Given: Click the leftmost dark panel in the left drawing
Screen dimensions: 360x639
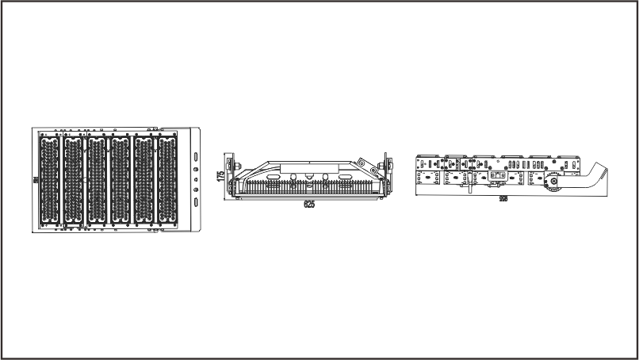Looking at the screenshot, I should coord(49,179).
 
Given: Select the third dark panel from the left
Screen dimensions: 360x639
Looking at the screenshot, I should coord(97,179).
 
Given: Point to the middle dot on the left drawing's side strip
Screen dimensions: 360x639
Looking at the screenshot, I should coord(195,180).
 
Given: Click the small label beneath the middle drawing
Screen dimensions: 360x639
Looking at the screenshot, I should coord(309,205).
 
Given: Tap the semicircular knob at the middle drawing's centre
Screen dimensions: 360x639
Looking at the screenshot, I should coord(309,177).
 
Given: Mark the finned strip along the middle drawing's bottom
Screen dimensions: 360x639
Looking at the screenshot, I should coord(309,189).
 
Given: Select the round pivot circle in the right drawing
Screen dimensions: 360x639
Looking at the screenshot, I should coord(550,182).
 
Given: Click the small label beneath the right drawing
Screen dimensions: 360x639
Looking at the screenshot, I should coord(503,199).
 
